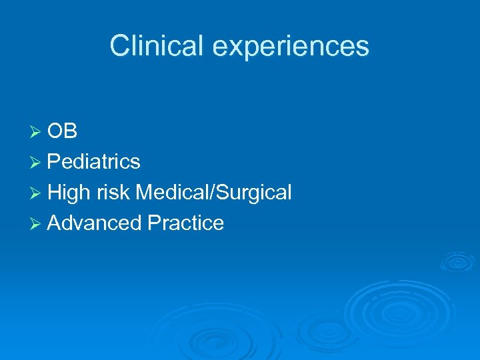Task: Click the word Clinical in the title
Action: pyautogui.click(x=151, y=46)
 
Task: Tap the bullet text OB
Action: pyautogui.click(x=63, y=131)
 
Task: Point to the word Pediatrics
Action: pyautogui.click(x=94, y=162)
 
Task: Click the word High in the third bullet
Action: pyautogui.click(x=69, y=193)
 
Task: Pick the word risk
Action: pyautogui.click(x=113, y=193)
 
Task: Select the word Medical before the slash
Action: pyautogui.click(x=173, y=193)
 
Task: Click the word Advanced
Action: pyautogui.click(x=95, y=223)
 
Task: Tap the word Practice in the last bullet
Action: pyautogui.click(x=186, y=223)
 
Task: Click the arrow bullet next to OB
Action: pyautogui.click(x=37, y=132)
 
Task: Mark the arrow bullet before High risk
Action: pyautogui.click(x=37, y=193)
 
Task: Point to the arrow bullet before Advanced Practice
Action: pyautogui.click(x=37, y=223)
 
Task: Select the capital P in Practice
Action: pyautogui.click(x=154, y=223)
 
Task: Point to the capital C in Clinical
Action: pyautogui.click(x=120, y=46)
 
